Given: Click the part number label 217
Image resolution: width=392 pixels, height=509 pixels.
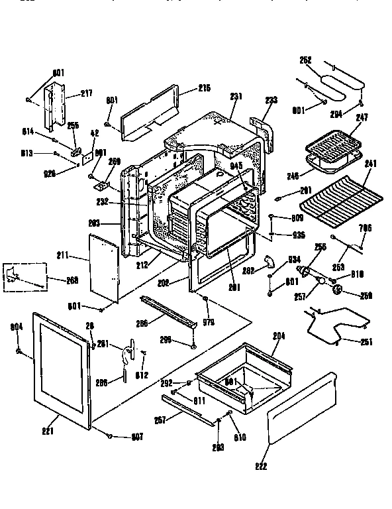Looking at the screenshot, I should coord(87,93).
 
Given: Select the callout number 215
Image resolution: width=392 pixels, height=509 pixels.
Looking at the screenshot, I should coord(204,88).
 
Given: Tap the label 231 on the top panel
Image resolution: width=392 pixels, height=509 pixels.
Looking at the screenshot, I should coord(236,96).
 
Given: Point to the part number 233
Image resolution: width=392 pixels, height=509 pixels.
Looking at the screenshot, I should coord(271,100).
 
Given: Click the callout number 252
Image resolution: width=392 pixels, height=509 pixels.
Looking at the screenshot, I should coord(305,59).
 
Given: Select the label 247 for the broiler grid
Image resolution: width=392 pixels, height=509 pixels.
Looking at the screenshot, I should coord(362,117).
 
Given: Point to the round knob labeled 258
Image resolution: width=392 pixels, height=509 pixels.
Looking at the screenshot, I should coord(340,290).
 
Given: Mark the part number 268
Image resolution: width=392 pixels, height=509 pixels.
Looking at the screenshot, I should coord(72,280).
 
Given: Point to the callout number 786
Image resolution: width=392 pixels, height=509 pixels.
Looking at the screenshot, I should coord(365,227).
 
